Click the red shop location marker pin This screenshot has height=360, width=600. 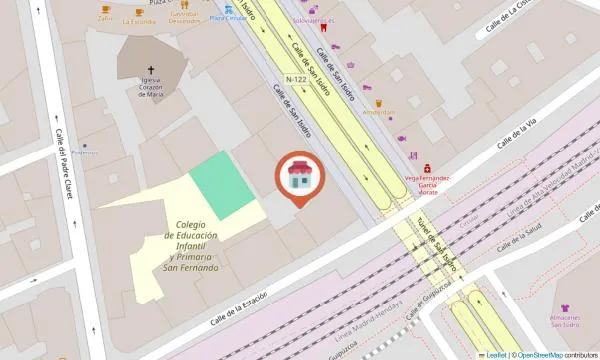[298, 177]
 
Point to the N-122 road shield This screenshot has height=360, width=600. [296, 79]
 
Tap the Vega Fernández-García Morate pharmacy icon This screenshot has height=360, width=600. [427, 167]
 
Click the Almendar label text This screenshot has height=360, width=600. [379, 113]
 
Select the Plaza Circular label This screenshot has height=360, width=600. [228, 19]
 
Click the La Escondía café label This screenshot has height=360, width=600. [138, 20]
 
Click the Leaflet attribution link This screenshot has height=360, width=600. [495, 355]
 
